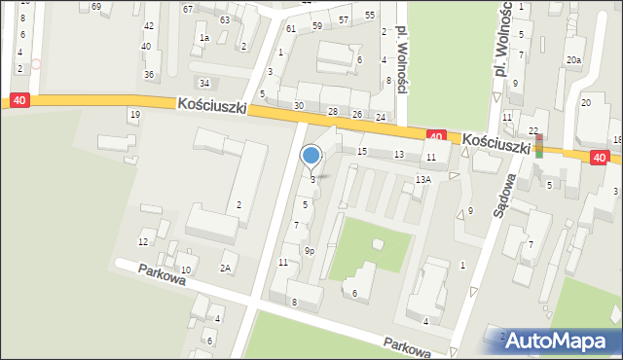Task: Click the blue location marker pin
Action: point(311,156)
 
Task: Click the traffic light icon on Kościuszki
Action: point(539,146)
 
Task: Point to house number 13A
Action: point(422,180)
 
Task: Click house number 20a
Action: point(574,60)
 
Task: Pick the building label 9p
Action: point(309,251)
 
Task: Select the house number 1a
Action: point(204,38)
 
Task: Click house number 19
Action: point(134,115)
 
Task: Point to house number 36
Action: point(149,75)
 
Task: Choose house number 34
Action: point(204,83)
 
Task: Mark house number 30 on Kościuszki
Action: point(299,105)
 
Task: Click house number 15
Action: point(362,152)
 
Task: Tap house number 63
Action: point(225,19)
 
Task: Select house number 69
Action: point(96,7)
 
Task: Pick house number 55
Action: point(370,16)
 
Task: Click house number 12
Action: point(143,241)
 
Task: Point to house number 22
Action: point(533,130)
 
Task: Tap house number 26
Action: point(357,115)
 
